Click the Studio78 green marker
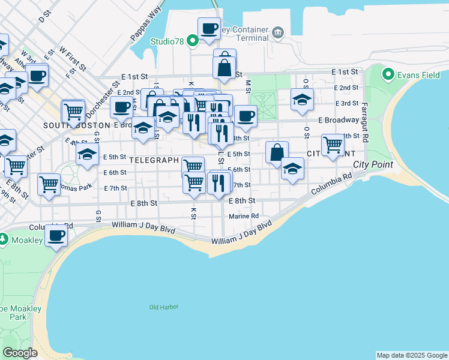tap(193, 41)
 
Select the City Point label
tap(373, 164)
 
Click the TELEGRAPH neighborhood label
tap(154, 160)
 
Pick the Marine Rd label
tap(243, 216)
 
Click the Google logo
tap(20, 353)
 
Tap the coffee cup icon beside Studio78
tap(209, 28)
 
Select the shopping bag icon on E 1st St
tap(224, 67)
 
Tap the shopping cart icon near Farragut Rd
tap(333, 145)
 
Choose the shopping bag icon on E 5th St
tap(277, 152)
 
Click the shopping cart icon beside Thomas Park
tap(49, 184)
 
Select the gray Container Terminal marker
tap(277, 31)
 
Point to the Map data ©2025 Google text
tap(412, 355)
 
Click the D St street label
tap(43, 19)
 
